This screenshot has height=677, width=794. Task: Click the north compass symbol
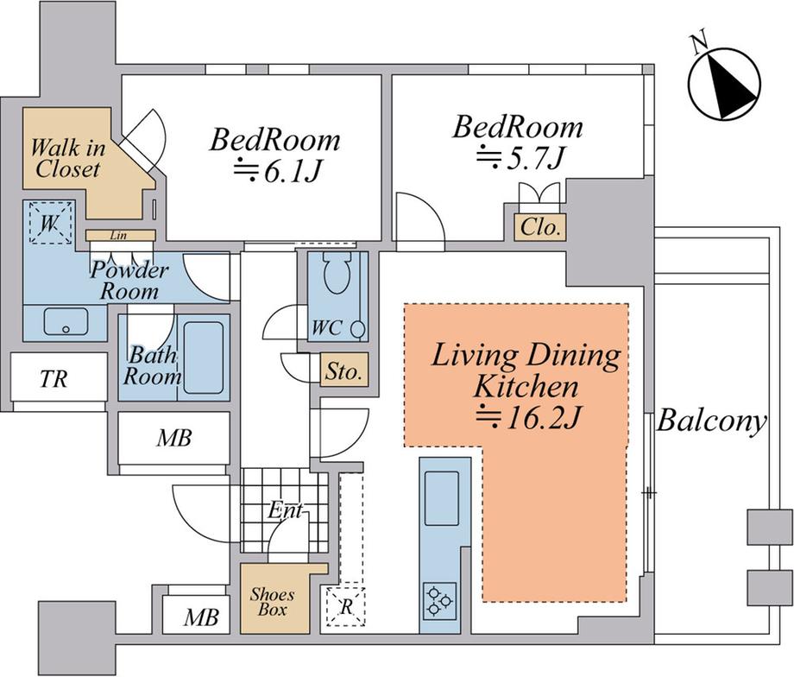point(725,84)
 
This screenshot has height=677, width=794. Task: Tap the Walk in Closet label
point(67,158)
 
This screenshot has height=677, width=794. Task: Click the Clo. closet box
point(540,227)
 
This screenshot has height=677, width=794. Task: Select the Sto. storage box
point(343,371)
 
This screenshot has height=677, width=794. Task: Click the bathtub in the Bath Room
point(204,357)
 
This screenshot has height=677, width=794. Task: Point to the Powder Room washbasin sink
point(66,321)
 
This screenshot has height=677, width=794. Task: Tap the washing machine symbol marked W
point(49,223)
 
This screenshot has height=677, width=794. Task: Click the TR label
point(54,378)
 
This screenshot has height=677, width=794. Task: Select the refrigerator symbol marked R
point(346,606)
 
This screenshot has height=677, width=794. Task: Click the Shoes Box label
point(272,602)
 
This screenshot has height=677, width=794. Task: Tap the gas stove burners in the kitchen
point(439,600)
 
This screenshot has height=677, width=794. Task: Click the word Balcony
point(711,422)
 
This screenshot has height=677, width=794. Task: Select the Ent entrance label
point(286,509)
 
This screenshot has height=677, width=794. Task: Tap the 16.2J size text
point(526,419)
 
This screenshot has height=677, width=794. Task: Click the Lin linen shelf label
point(118,235)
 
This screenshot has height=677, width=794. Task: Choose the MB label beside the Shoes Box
point(201,617)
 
